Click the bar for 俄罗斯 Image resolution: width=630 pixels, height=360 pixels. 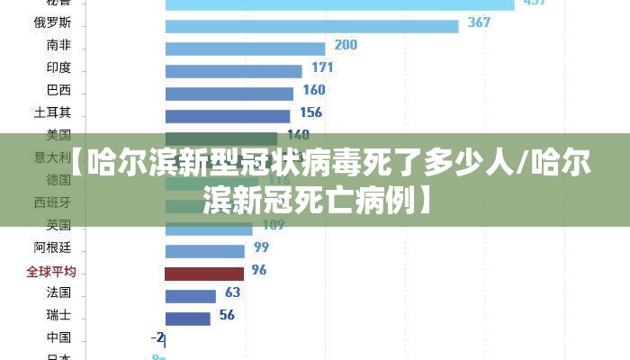311,25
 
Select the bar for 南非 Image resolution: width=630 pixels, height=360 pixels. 245,48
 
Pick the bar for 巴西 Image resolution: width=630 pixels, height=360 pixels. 229,93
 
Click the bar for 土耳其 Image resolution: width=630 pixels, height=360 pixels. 227,115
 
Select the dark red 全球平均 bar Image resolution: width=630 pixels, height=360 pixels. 203,273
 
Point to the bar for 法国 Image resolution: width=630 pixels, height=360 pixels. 190,295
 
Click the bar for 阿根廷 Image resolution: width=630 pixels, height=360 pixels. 204,250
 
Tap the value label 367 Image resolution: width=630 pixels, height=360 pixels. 479,22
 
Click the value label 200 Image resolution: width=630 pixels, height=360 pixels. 346,45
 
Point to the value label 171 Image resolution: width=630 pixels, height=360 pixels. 322,67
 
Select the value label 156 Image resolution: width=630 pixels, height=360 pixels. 310,112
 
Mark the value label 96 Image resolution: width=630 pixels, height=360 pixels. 259,270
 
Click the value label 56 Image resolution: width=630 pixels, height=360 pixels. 227,315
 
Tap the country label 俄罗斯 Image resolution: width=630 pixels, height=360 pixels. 52,22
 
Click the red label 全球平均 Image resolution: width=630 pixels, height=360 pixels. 51,271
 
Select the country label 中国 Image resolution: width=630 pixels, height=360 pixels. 58,337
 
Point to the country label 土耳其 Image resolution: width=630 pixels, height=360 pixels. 52,112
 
